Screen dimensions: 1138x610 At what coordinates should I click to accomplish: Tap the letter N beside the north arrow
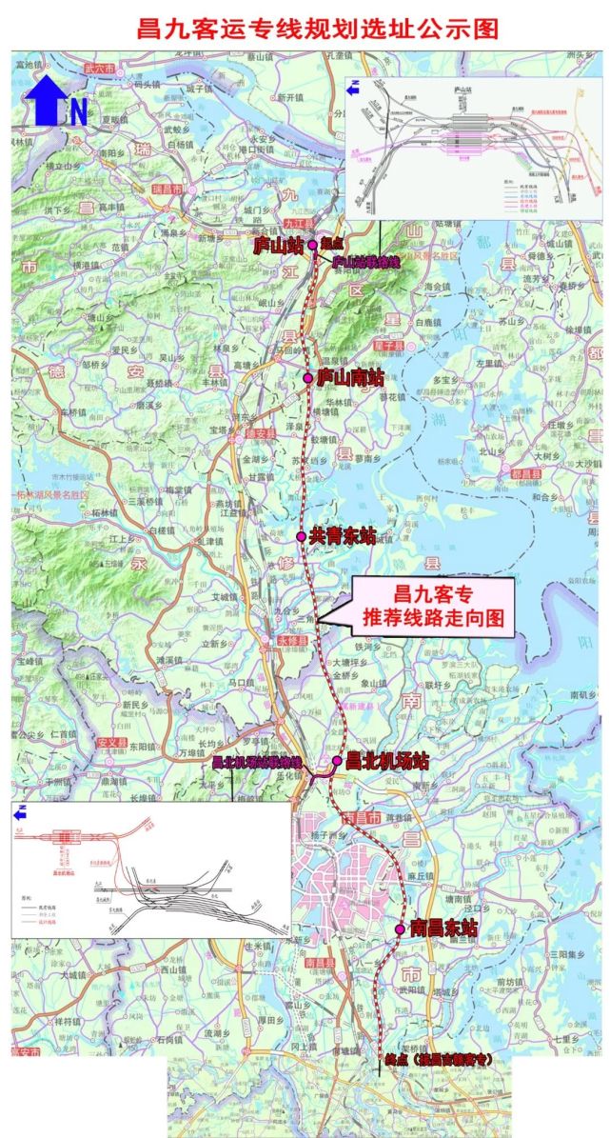click(x=77, y=112)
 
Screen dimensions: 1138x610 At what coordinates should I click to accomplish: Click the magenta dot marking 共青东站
click(x=301, y=537)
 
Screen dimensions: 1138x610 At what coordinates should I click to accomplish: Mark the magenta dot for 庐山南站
click(x=308, y=379)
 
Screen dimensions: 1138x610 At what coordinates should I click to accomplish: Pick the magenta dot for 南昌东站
click(x=402, y=928)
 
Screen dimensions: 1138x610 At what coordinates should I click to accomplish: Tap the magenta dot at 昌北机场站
click(x=337, y=761)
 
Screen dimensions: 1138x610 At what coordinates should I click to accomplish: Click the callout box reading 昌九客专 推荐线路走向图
click(x=433, y=607)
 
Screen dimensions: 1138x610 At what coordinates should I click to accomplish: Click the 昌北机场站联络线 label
click(x=256, y=762)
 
